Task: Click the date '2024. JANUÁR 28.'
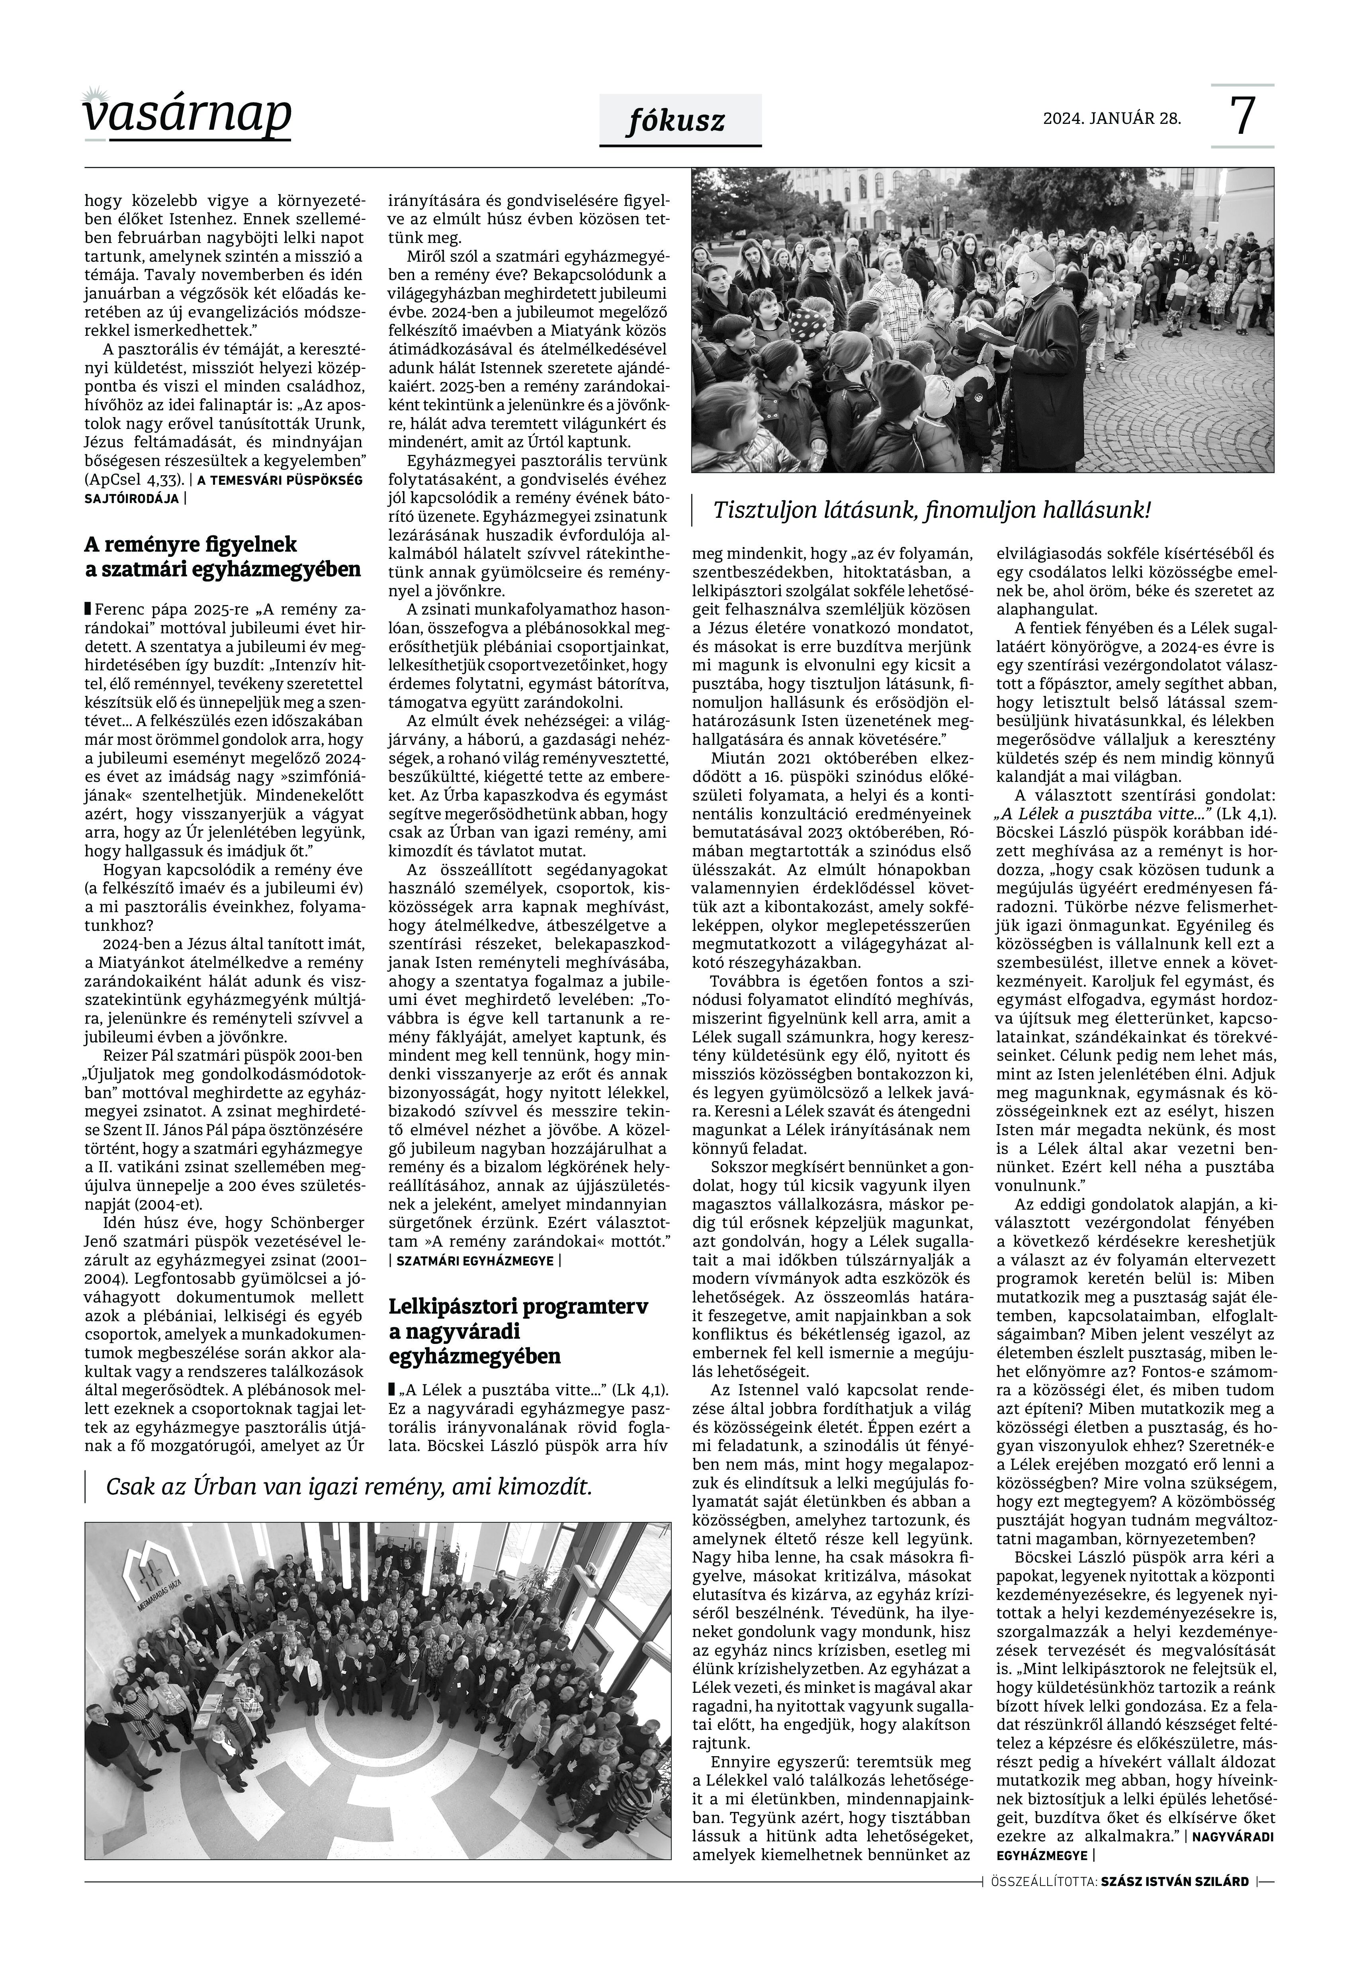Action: pos(1112,118)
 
